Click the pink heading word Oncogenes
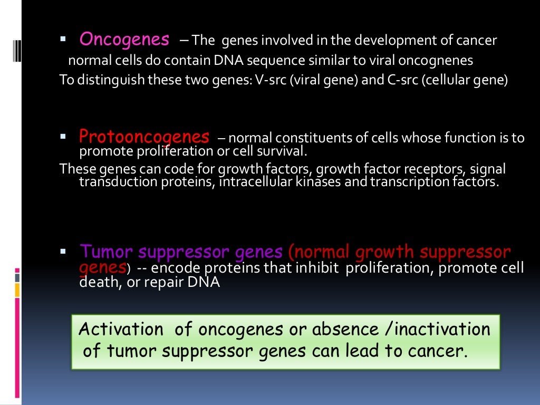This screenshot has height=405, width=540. [124, 40]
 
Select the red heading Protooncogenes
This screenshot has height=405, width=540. [144, 137]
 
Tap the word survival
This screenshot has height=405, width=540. [280, 152]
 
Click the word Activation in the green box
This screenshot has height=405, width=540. [121, 330]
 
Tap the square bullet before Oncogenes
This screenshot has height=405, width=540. [62, 39]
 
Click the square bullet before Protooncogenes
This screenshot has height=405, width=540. [62, 137]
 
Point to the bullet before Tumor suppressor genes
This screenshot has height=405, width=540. [62, 251]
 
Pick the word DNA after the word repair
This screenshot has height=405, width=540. [204, 282]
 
